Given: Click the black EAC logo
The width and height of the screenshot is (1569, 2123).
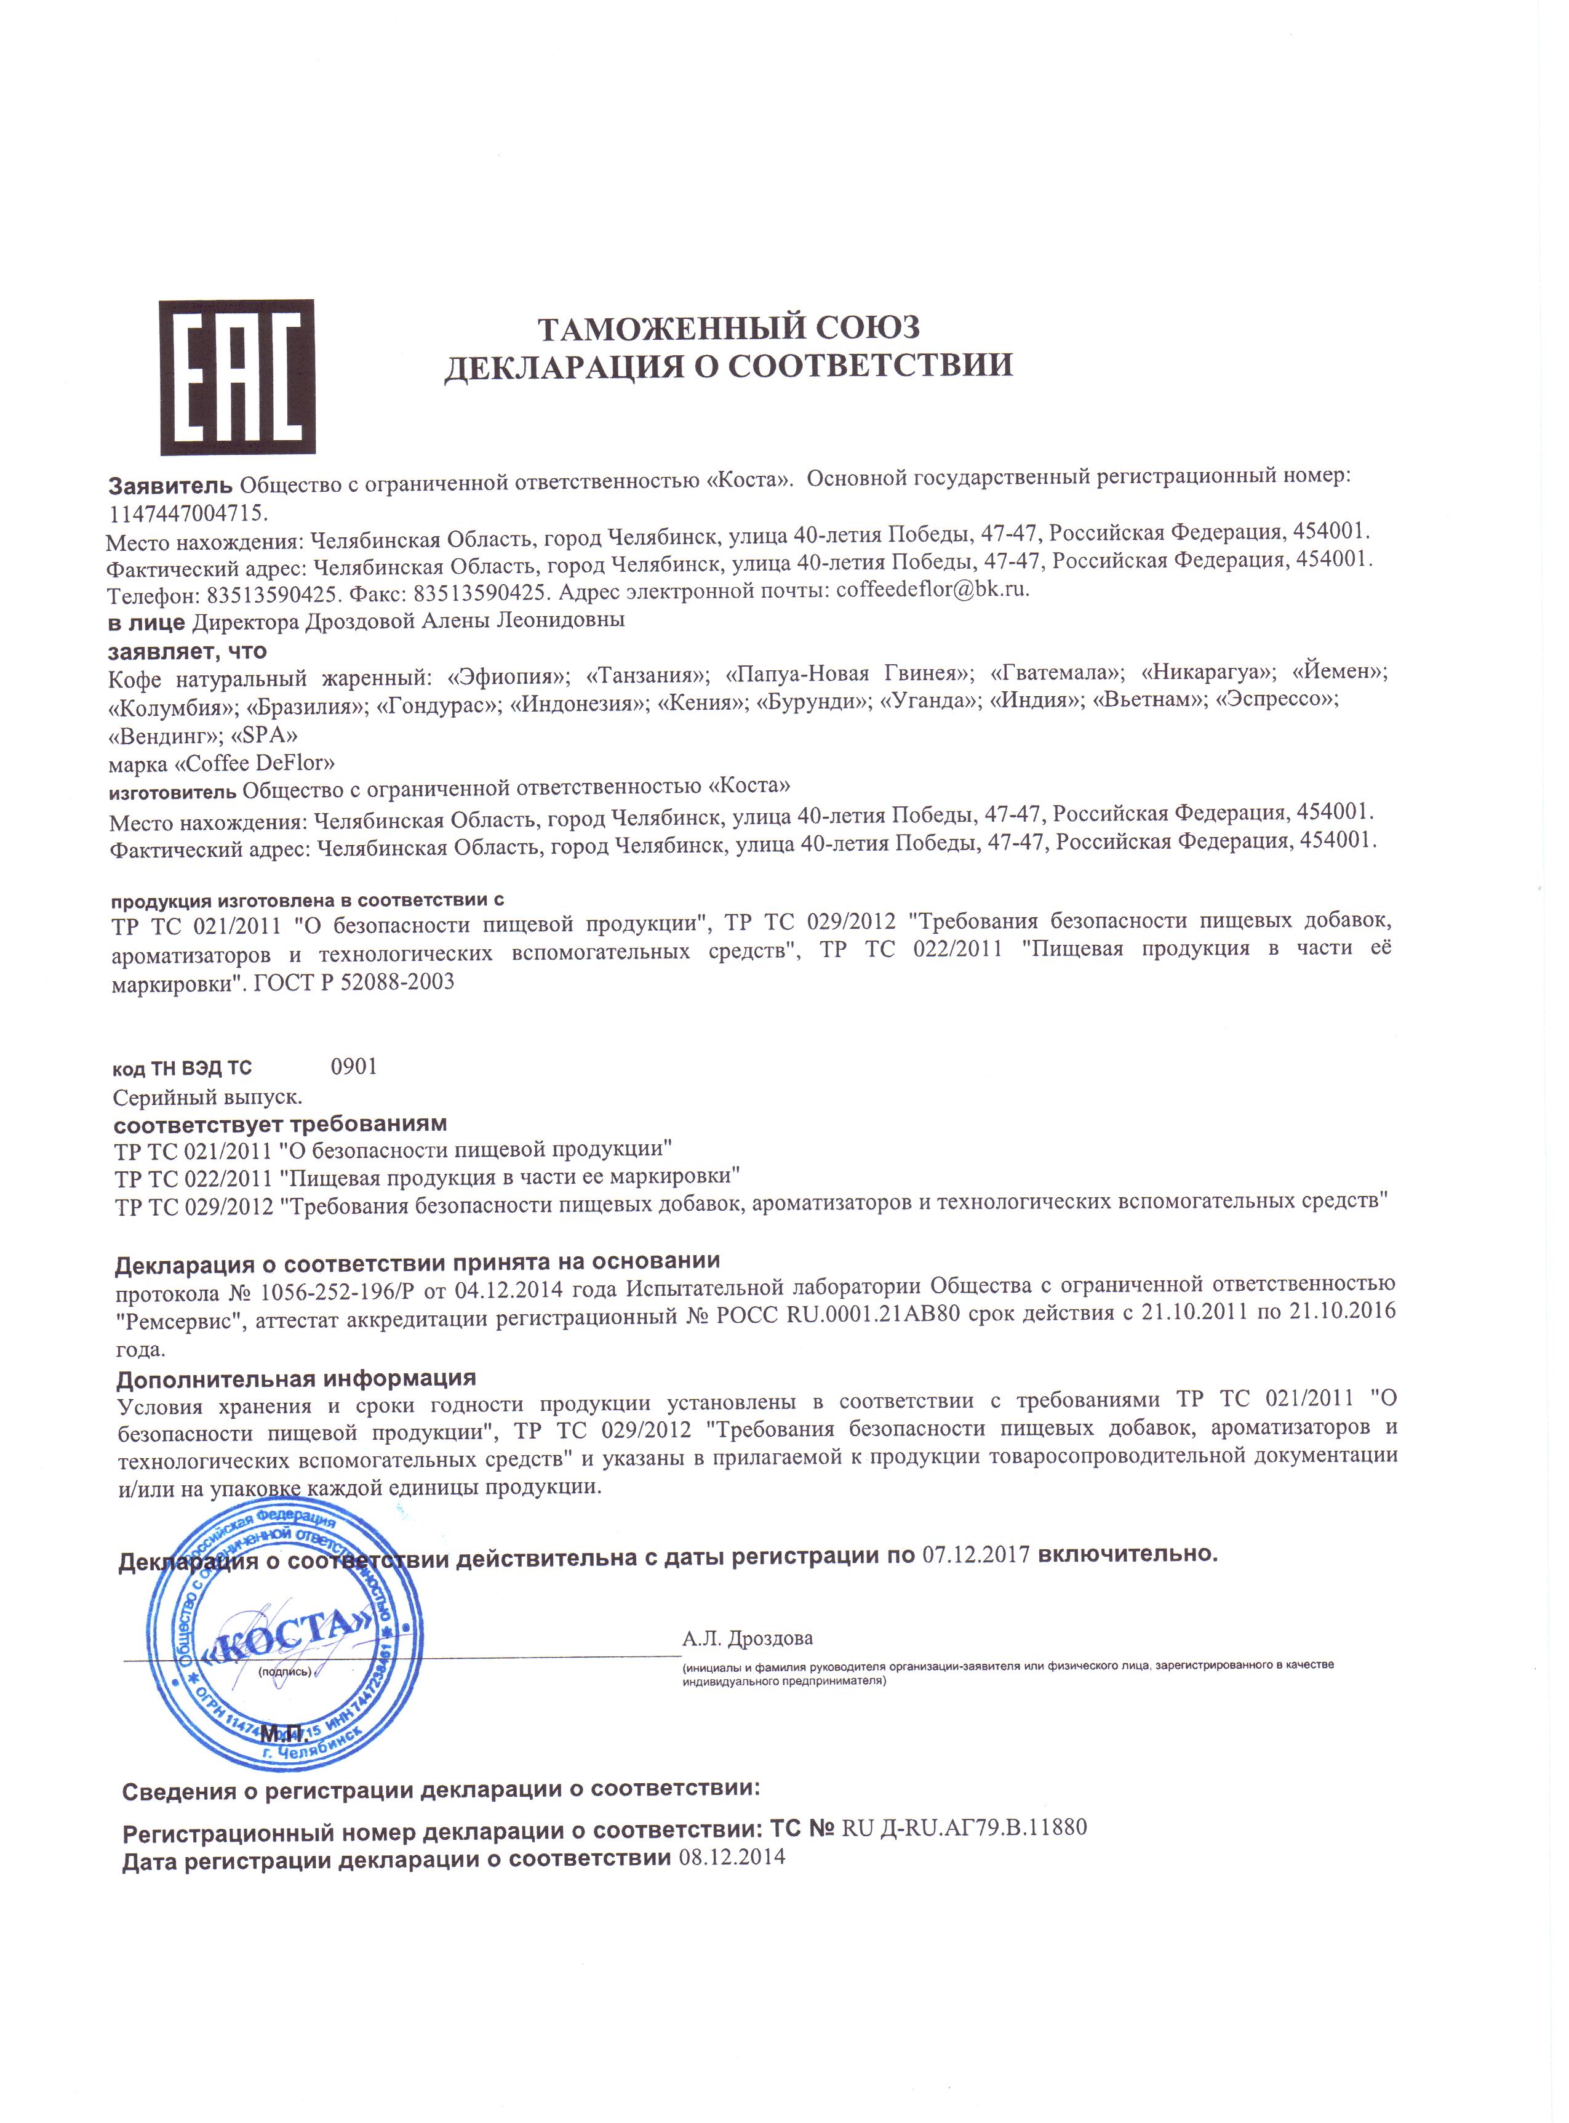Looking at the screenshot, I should point(236,378).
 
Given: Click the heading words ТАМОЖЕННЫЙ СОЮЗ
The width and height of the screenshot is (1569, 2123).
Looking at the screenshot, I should point(729,327).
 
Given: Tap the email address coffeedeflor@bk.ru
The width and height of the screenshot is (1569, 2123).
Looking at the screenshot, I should point(932,589).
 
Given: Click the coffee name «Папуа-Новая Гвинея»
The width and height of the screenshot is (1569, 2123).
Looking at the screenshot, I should point(849,673).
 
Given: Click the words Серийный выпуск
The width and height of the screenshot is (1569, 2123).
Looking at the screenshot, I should point(207,1097).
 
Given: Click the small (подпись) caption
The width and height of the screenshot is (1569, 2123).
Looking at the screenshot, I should point(284,1671).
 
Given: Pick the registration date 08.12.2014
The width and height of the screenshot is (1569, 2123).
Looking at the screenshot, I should point(732,1858).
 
